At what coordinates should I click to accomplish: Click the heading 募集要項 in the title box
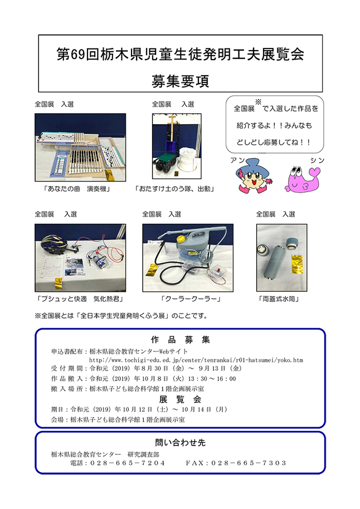[180, 81]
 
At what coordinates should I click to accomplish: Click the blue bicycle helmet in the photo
[54, 245]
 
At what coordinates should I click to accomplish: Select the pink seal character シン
[302, 179]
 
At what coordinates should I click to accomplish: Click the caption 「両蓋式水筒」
[279, 299]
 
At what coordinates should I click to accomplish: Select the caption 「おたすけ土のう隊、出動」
[174, 189]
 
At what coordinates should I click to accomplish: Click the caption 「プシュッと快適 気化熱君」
[80, 299]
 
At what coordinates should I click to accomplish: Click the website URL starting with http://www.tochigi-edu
[196, 360]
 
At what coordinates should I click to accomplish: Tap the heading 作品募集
[181, 340]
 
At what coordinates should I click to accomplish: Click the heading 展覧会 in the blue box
[181, 399]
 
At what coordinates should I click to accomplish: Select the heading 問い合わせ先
[181, 443]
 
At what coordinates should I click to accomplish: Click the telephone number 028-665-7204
[128, 463]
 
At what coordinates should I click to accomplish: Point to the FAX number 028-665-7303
[249, 463]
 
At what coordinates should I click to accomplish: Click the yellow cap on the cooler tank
[181, 240]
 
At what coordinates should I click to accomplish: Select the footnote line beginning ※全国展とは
[121, 316]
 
